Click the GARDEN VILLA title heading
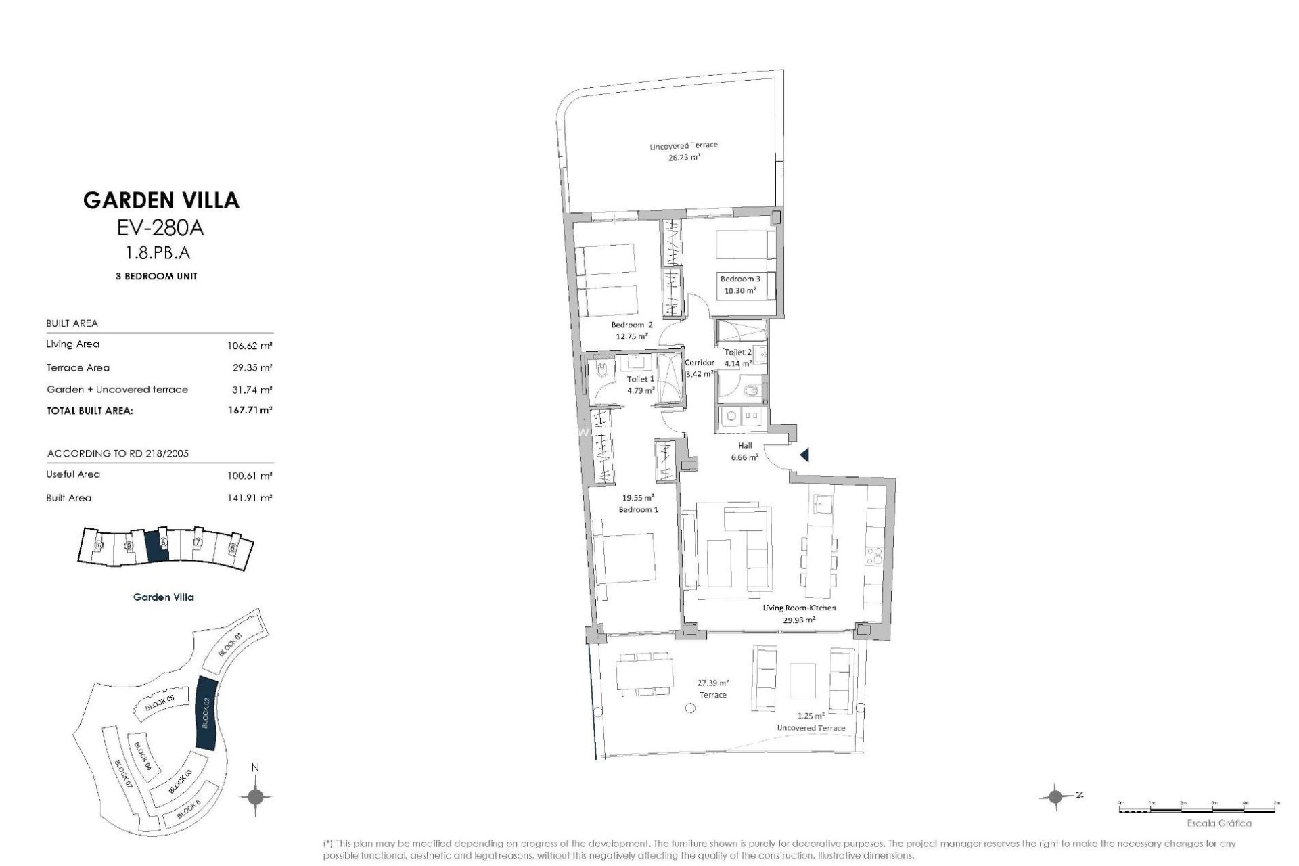pyautogui.click(x=161, y=200)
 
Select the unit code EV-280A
pyautogui.click(x=160, y=228)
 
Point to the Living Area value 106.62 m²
pyautogui.click(x=250, y=346)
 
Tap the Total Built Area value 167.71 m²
pyautogui.click(x=250, y=410)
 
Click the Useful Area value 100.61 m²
pyautogui.click(x=250, y=476)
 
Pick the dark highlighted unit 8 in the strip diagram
pyautogui.click(x=156, y=544)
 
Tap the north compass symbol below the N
pyautogui.click(x=255, y=796)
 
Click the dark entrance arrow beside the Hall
pyautogui.click(x=804, y=455)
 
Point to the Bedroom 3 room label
pyautogui.click(x=739, y=279)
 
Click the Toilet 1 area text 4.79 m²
pyautogui.click(x=640, y=390)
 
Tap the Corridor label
pyautogui.click(x=700, y=363)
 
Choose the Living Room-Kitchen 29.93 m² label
pyautogui.click(x=798, y=613)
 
